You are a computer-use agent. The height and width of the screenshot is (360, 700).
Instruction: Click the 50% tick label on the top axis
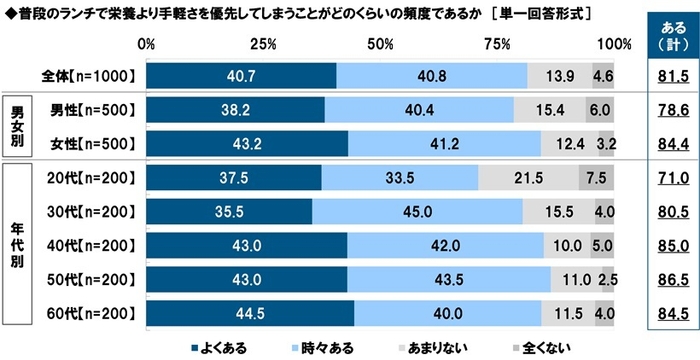tap(380, 45)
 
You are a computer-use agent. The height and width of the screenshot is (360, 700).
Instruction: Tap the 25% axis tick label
tap(263, 45)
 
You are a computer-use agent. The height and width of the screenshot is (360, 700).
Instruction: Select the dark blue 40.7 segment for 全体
tap(241, 75)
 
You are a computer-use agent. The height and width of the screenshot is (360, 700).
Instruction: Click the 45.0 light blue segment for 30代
tap(417, 213)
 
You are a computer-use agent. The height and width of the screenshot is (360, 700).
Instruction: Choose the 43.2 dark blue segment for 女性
tap(247, 143)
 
